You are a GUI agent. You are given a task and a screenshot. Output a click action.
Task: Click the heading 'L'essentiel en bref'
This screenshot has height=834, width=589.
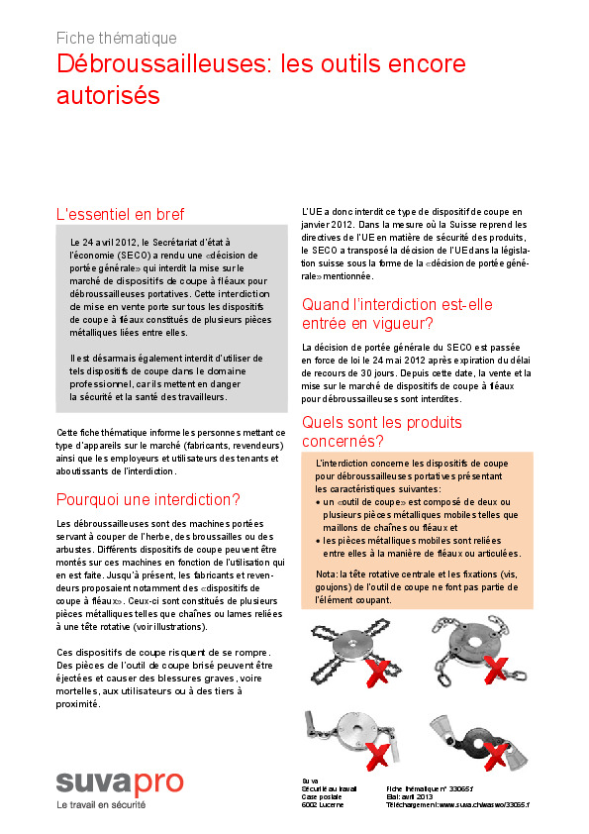point(120,214)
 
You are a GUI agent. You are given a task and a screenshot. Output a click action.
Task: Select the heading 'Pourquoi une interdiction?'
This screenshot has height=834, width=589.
point(148,498)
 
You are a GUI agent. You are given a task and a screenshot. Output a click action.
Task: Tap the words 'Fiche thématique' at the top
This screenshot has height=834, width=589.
point(117,38)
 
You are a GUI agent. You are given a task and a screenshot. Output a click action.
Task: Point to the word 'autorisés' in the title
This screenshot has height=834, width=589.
point(108,96)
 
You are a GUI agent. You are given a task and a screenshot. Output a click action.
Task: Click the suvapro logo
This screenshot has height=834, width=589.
point(119,782)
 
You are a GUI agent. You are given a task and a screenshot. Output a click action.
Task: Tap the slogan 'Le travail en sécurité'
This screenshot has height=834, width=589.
point(100,805)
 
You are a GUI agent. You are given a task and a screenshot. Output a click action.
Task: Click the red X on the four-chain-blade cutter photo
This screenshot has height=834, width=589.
point(377,674)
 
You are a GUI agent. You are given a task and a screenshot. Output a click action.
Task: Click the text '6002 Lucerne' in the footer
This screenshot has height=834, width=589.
point(324,805)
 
